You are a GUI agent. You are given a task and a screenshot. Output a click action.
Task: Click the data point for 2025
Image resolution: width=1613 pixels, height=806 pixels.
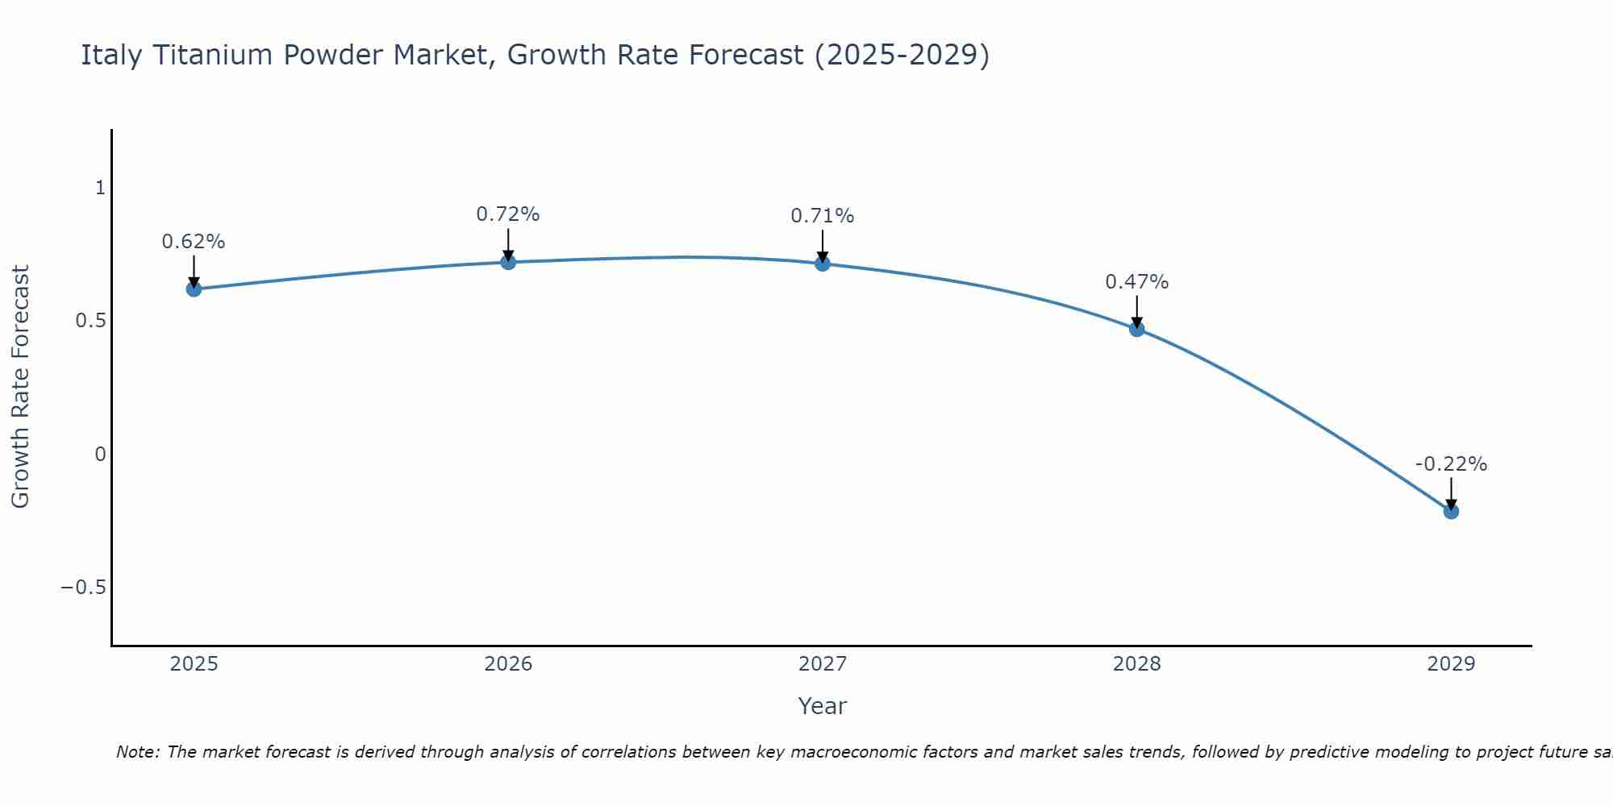[x=194, y=289]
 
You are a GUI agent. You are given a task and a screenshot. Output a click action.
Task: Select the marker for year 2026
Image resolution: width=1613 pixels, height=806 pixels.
[x=508, y=262]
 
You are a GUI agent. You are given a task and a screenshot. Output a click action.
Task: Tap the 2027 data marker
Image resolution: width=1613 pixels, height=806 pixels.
[x=823, y=264]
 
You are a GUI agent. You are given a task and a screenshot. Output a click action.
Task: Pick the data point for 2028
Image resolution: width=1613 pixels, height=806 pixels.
[x=1136, y=329]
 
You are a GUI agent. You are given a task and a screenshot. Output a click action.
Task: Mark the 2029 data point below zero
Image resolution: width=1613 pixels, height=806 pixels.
[x=1451, y=511]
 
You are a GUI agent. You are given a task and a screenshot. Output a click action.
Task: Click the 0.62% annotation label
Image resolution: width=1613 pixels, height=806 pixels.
[x=194, y=242]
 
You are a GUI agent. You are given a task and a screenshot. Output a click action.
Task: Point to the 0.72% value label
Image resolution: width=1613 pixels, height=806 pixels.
[x=508, y=214]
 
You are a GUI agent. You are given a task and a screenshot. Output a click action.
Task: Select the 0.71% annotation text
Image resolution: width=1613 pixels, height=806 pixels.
[x=823, y=216]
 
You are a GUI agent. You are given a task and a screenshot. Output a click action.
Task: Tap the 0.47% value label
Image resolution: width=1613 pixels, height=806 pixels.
[x=1136, y=282]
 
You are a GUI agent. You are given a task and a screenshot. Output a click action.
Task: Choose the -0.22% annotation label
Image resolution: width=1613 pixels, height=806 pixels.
[x=1451, y=464]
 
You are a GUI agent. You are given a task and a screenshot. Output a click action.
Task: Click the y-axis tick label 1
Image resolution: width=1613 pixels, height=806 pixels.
[x=100, y=188]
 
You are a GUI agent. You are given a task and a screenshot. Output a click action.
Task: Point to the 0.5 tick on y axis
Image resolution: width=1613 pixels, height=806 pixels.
[x=90, y=321]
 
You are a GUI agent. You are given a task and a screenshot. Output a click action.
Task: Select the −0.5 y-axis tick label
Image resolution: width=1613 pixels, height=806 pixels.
[x=83, y=587]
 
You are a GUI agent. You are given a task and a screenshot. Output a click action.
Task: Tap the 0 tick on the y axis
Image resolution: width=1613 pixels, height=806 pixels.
[x=100, y=454]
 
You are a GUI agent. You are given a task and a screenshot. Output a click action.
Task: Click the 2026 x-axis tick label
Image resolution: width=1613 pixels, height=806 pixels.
[x=508, y=664]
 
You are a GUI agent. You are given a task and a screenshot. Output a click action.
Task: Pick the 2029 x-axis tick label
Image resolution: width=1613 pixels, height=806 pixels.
[x=1451, y=664]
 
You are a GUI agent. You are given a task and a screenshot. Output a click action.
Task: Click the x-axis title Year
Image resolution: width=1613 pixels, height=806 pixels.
[x=822, y=706]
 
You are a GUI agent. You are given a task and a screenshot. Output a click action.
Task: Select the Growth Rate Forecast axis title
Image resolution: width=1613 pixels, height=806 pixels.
[x=21, y=387]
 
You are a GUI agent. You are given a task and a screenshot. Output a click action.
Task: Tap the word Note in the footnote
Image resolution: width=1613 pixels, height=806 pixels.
[x=136, y=752]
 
